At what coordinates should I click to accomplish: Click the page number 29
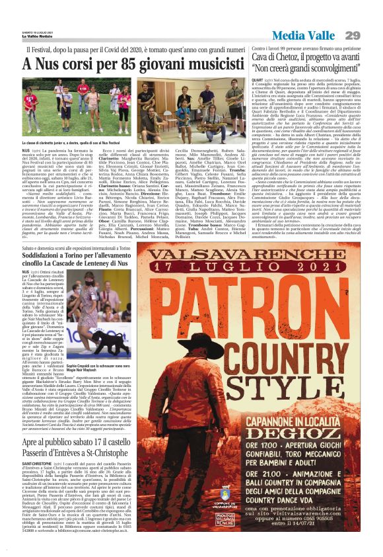pyautogui.click(x=353, y=35)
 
